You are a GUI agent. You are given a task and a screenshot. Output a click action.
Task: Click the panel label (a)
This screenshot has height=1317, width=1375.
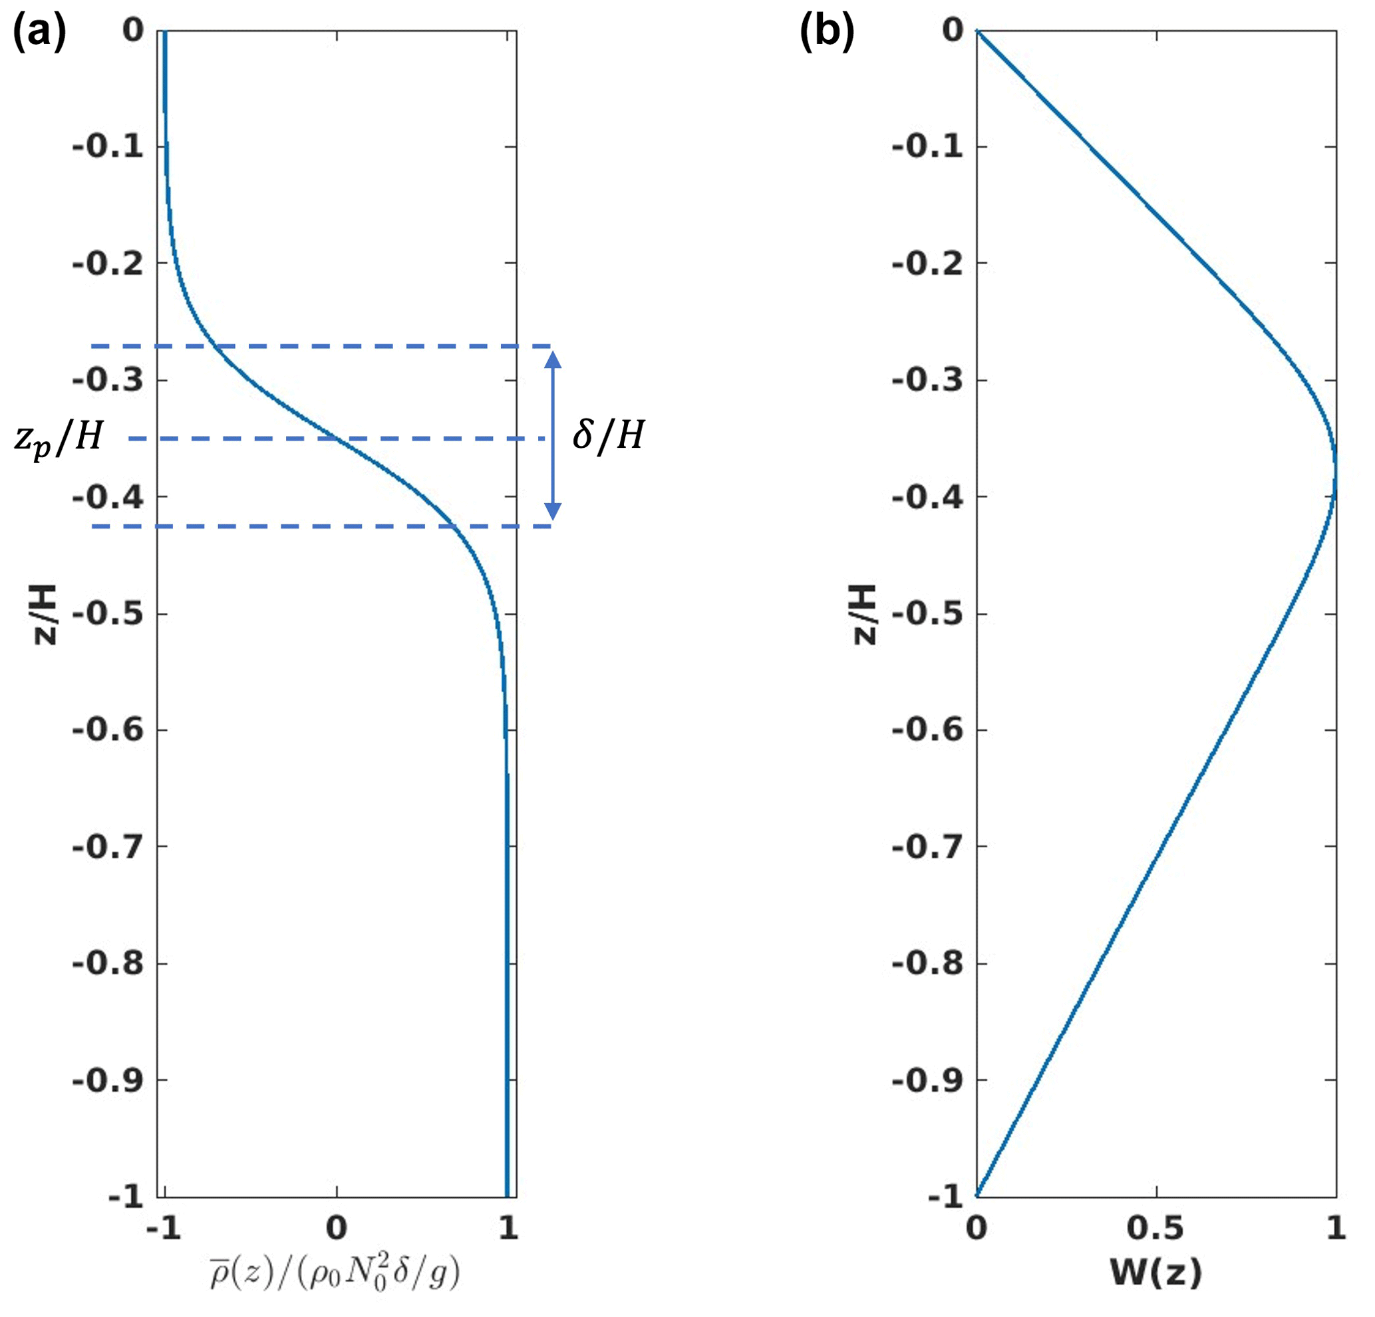pos(39,33)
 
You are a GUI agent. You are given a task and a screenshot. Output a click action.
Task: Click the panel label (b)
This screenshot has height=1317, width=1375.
pos(827,33)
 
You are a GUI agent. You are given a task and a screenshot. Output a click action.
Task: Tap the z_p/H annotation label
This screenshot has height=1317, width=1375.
pos(59,439)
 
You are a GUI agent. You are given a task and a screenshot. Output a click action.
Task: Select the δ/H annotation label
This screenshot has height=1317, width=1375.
pos(608,436)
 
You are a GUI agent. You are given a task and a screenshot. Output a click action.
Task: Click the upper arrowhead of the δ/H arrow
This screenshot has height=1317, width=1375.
pos(553,360)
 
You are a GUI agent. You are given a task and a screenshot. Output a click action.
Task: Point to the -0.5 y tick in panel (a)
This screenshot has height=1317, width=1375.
pos(108,614)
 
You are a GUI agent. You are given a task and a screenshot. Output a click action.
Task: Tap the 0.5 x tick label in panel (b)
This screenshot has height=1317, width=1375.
pos(1155,1228)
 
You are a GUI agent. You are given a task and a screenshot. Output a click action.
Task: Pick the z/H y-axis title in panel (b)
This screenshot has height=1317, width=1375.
pos(864,614)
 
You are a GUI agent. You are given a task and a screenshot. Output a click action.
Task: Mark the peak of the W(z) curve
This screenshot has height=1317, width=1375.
pos(1335,474)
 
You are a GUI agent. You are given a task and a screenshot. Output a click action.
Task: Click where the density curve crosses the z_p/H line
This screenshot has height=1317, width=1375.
pos(337,439)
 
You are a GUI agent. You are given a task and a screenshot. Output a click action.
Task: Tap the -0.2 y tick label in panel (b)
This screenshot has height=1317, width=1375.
pos(927,264)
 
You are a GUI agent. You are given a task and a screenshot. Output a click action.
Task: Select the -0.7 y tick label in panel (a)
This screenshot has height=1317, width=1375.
pos(108,847)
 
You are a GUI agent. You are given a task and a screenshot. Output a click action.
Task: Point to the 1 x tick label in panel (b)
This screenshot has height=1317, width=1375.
pos(1336,1228)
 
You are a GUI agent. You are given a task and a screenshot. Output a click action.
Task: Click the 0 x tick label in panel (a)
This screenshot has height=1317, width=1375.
pos(337,1228)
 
